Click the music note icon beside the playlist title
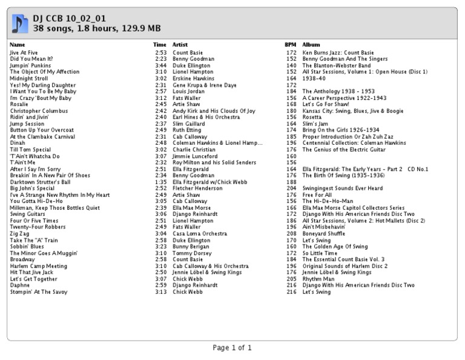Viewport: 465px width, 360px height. coord(21,23)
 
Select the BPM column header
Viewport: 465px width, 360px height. coord(291,45)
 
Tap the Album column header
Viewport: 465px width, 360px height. coord(311,45)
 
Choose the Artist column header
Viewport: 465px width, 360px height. coord(180,45)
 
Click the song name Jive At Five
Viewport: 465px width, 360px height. coord(24,53)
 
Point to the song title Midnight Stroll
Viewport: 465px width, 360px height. coord(28,78)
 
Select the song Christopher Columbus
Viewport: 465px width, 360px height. coord(35,111)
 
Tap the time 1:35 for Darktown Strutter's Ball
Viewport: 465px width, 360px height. coord(160,181)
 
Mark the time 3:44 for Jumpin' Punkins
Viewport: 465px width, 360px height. coord(160,65)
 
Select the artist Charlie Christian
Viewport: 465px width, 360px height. coord(194,149)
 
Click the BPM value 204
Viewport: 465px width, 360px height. coord(291,188)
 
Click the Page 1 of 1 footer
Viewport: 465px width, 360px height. coord(232,348)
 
